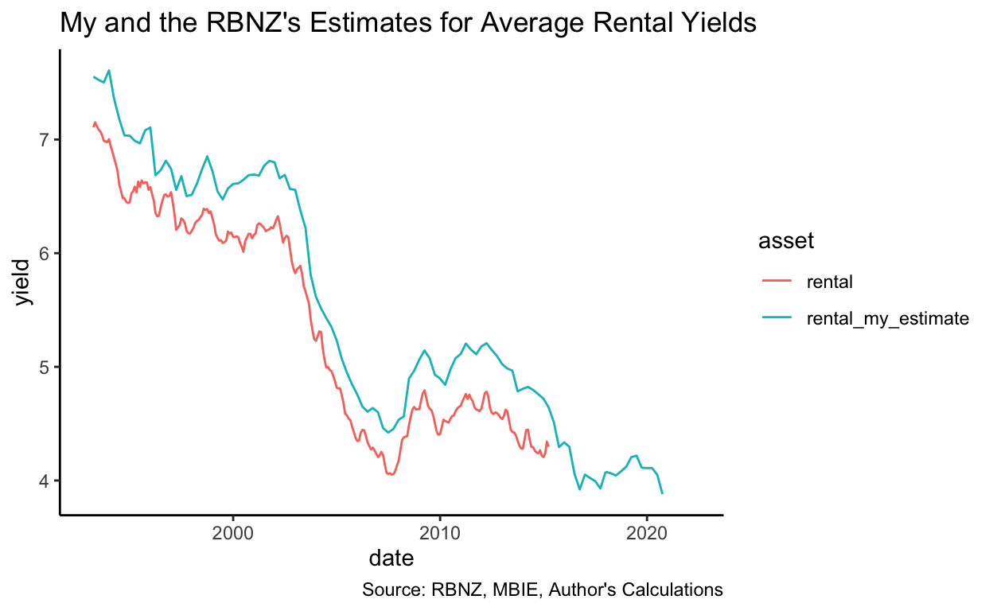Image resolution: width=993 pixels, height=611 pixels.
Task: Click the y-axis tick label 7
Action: [x=44, y=140]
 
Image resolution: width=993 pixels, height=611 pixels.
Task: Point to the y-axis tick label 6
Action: [x=44, y=254]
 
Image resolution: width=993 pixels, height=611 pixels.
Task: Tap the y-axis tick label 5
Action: [x=44, y=368]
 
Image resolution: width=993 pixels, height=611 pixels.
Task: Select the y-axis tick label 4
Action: [x=44, y=481]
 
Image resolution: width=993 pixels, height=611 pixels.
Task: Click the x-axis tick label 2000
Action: [x=233, y=531]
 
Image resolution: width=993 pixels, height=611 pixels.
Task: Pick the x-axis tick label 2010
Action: [x=440, y=531]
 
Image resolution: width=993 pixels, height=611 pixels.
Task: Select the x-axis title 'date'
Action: [x=391, y=559]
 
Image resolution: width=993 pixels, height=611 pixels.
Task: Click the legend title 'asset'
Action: [x=786, y=242]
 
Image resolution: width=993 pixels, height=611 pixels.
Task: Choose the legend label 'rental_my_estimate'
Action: [x=887, y=318]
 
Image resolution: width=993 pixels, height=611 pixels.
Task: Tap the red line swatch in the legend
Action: [x=777, y=281]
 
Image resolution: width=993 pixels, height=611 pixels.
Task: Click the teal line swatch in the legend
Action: [x=777, y=318]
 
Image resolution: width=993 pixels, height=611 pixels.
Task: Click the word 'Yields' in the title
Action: [x=716, y=24]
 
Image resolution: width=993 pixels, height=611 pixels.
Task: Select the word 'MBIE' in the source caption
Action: [x=500, y=590]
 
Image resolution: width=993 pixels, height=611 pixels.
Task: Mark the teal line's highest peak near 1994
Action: [x=109, y=70]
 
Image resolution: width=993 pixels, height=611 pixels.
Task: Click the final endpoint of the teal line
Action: [x=662, y=493]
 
